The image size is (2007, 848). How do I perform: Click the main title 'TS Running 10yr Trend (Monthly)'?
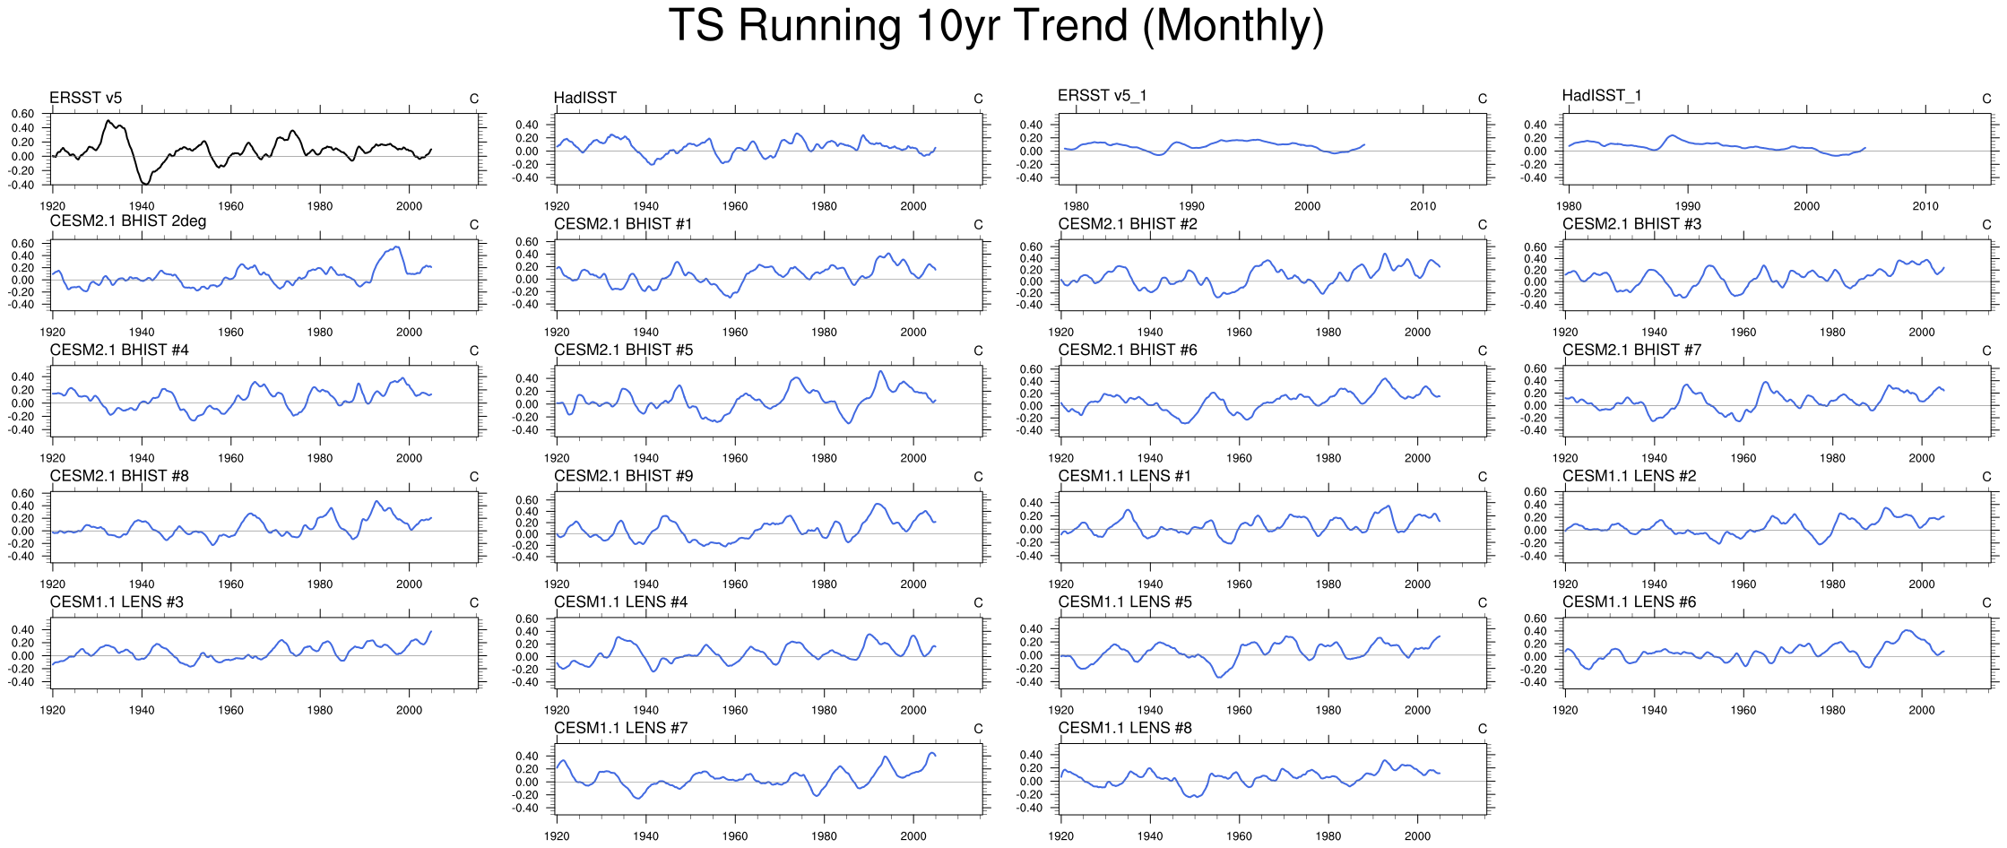tap(996, 26)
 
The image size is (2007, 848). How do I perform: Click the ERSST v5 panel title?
tap(85, 98)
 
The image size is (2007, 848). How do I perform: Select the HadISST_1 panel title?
tap(1601, 96)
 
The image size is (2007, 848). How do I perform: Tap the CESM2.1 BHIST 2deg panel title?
tap(127, 221)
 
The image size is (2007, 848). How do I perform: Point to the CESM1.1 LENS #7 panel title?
tap(620, 728)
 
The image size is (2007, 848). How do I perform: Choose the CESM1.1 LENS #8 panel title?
tap(1125, 728)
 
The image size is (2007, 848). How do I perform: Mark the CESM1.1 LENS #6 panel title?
tap(1629, 601)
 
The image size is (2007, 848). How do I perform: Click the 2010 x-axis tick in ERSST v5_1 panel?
tap(1423, 206)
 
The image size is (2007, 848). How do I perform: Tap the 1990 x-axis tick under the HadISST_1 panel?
tap(1687, 206)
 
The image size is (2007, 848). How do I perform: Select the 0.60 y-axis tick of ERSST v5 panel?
tap(23, 114)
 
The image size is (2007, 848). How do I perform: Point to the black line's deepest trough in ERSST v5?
tap(145, 184)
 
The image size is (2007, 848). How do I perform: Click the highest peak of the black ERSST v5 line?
tap(108, 120)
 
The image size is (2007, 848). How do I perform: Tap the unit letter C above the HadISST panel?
tap(978, 99)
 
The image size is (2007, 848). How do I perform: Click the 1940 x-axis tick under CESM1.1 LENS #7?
tap(645, 836)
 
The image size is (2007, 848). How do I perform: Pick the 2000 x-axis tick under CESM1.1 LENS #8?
tap(1417, 836)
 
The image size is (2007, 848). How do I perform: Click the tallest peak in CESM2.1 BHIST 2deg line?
tap(397, 247)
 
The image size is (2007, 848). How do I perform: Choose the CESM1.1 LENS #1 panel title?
tap(1124, 476)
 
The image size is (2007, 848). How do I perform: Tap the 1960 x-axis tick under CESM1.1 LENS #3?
tap(230, 710)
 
